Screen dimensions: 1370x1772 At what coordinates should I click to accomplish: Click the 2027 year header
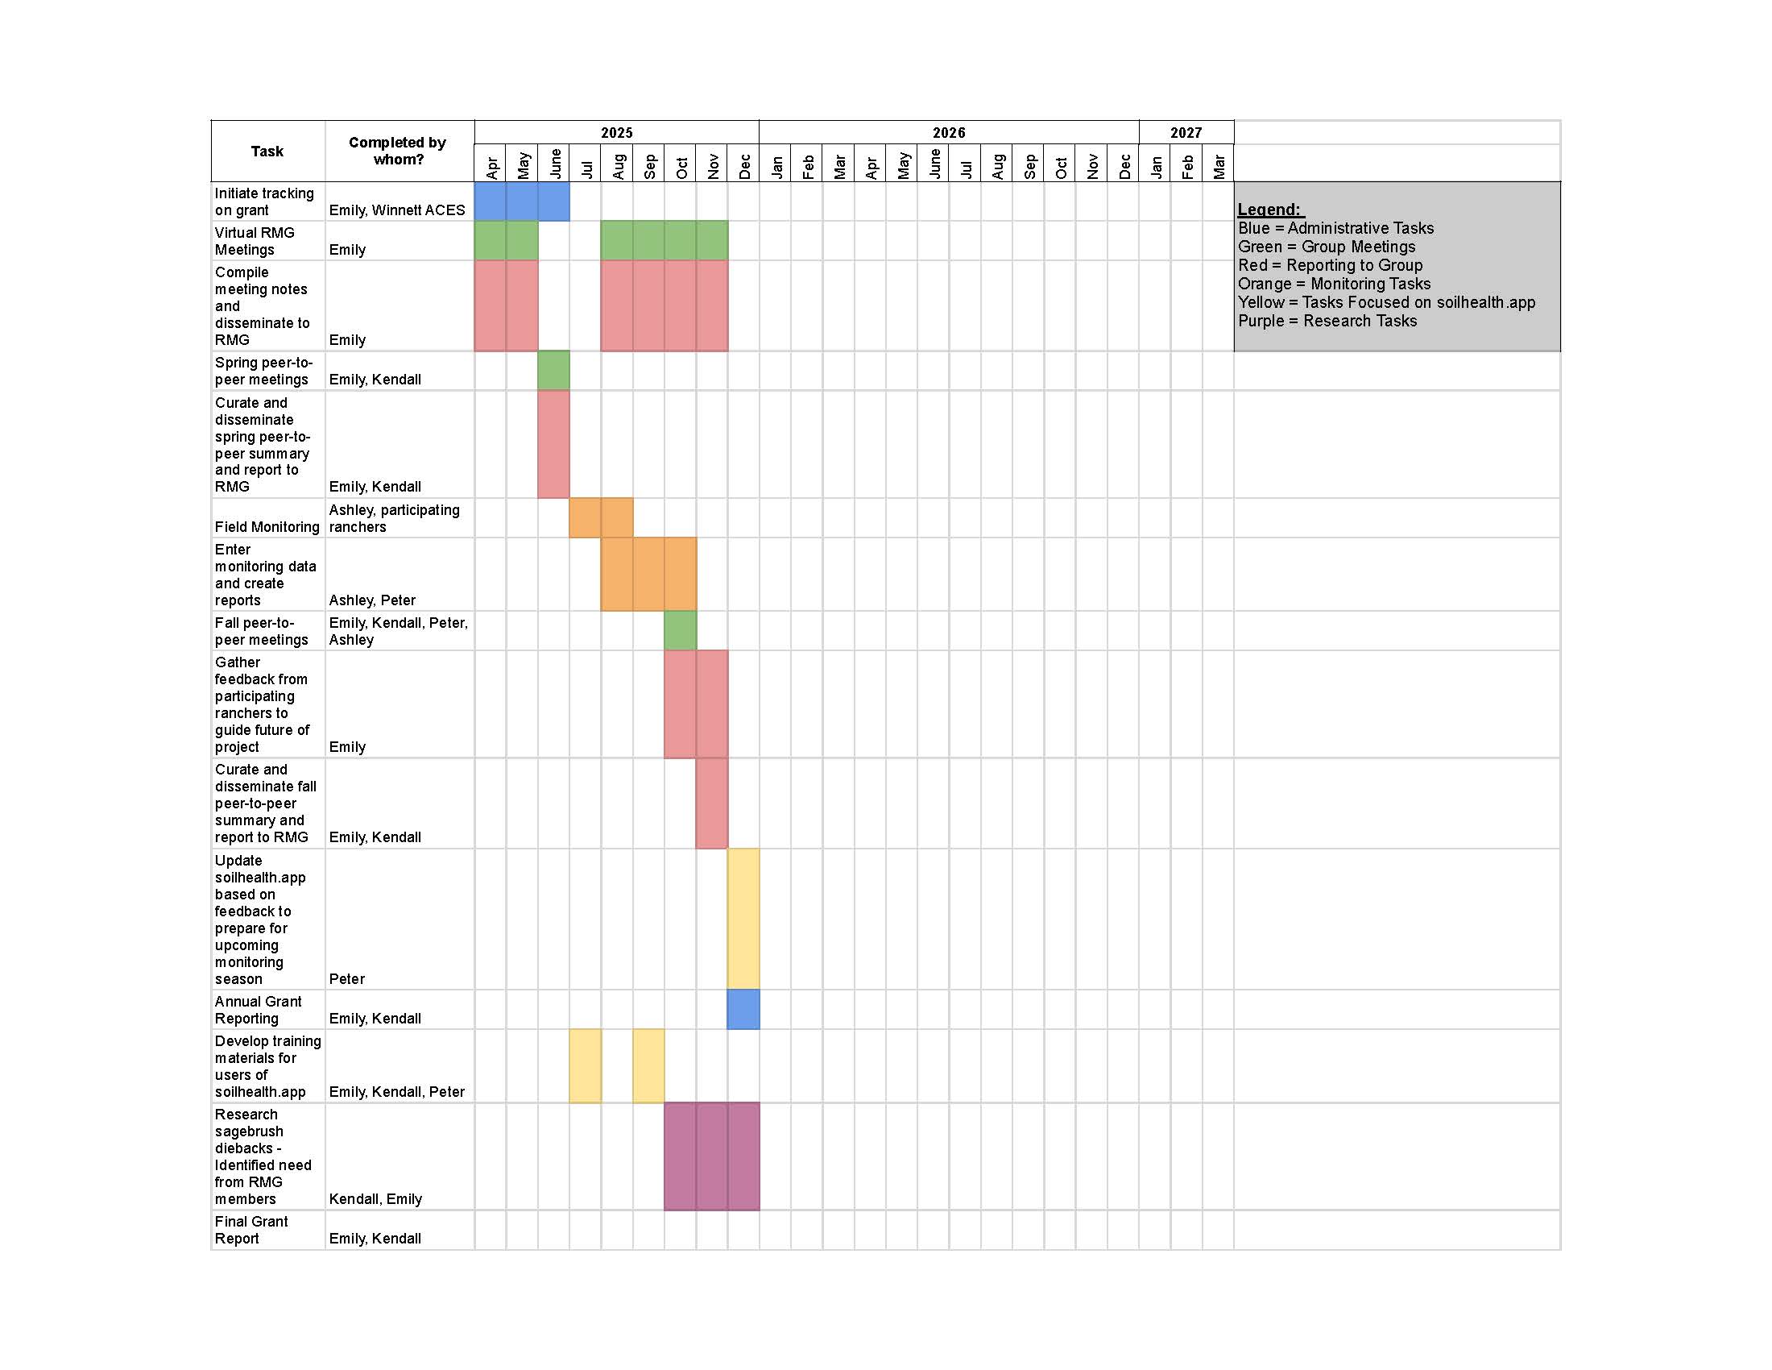(1186, 132)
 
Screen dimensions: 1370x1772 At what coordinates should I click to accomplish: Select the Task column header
(267, 151)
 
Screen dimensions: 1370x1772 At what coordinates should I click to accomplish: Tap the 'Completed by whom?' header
(398, 151)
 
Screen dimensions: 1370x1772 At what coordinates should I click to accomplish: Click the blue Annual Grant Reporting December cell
(743, 1009)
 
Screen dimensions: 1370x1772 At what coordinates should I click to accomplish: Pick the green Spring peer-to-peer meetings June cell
(553, 370)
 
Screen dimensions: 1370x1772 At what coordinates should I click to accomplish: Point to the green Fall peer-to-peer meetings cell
(680, 631)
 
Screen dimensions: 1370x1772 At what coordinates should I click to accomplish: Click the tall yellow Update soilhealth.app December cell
(743, 918)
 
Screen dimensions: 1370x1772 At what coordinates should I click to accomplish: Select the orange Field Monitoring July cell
(585, 518)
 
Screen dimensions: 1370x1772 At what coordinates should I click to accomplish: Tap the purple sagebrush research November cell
(711, 1156)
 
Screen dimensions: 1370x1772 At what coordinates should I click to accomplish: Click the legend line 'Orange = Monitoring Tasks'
(1334, 284)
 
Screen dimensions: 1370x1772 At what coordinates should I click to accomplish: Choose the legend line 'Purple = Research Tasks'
(1327, 321)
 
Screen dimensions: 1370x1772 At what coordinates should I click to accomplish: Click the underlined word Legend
(1269, 210)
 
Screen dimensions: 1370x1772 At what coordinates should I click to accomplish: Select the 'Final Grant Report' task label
(251, 1230)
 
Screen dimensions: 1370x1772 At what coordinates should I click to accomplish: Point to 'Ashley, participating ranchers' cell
(395, 518)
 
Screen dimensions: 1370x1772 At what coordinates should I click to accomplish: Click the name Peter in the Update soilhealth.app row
(347, 979)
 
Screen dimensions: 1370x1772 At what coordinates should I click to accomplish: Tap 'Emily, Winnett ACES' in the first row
(397, 210)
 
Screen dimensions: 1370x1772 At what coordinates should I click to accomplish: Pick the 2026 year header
(949, 132)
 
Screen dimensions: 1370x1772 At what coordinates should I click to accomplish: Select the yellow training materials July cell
(585, 1065)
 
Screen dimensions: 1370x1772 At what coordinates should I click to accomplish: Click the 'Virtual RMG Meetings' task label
(255, 241)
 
